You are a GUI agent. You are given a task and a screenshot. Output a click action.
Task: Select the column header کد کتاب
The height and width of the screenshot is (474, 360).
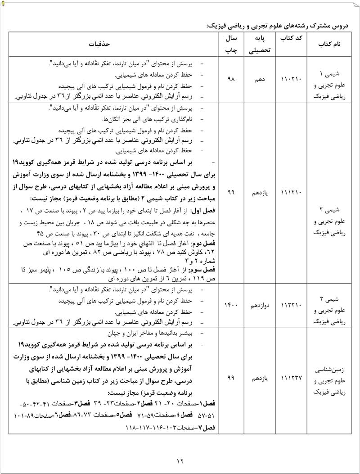click(x=291, y=40)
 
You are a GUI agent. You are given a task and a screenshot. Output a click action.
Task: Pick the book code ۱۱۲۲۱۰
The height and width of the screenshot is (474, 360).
click(x=291, y=305)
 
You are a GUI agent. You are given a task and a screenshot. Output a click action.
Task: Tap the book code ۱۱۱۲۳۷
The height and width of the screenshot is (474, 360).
click(x=291, y=379)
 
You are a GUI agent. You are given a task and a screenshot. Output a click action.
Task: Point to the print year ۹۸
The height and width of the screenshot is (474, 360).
click(x=231, y=79)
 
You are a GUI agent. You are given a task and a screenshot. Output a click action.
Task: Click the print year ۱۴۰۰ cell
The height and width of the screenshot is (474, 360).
click(x=231, y=305)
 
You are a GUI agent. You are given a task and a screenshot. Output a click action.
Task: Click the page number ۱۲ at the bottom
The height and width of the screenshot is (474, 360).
click(x=180, y=460)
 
